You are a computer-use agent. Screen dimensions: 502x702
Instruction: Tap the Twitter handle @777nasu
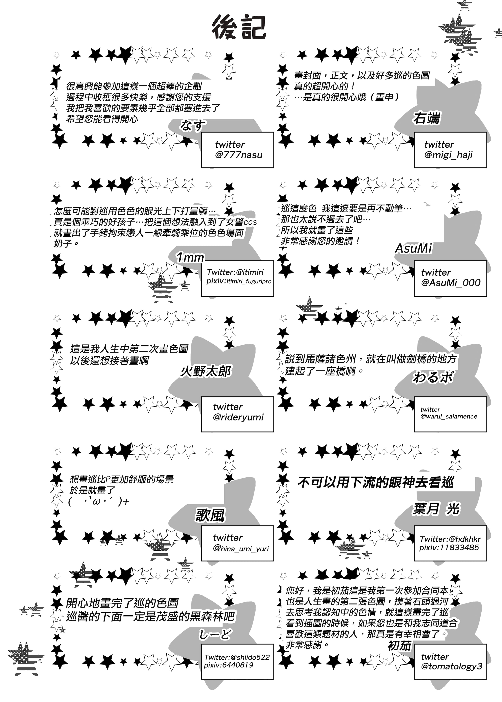(x=239, y=155)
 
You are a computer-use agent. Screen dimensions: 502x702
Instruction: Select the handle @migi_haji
(x=448, y=155)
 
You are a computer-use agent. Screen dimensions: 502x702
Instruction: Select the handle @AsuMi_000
(x=451, y=283)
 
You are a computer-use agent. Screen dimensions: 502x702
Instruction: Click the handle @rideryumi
(x=238, y=417)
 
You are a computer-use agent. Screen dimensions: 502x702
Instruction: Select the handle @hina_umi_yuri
(x=241, y=549)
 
